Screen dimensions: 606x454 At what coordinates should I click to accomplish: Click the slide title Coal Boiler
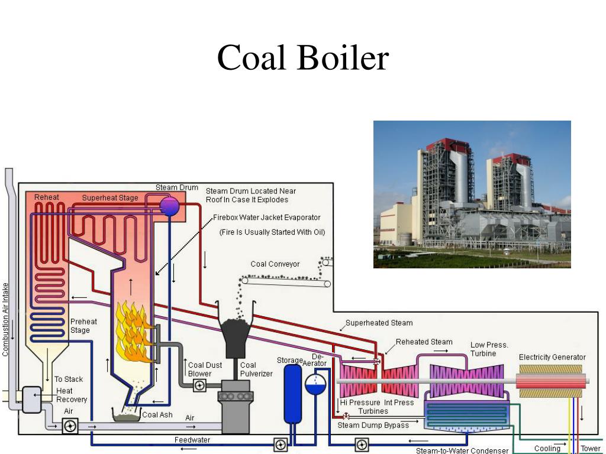tap(303, 57)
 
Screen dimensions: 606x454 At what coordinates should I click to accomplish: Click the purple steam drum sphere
tap(169, 206)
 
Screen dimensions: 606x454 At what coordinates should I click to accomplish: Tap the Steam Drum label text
tap(176, 187)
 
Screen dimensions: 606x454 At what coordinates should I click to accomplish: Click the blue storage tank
tap(292, 393)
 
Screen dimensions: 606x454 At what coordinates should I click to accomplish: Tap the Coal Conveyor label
tap(275, 264)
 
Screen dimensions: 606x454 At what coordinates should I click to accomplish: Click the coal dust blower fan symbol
tap(199, 385)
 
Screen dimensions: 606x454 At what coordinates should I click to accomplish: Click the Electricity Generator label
tap(552, 357)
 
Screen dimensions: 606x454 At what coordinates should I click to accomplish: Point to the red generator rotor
tap(550, 381)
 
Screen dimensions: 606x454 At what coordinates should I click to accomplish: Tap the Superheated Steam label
tap(379, 323)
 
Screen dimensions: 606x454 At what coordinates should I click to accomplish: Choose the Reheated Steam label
tap(424, 342)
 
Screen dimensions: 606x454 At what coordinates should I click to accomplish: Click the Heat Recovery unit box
tap(31, 400)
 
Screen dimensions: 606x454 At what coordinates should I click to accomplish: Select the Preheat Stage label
tap(83, 326)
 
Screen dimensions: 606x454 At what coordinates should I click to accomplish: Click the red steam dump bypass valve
tap(346, 417)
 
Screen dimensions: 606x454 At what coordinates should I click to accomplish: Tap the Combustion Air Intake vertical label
tap(5, 319)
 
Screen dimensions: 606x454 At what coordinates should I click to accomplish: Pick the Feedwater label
tap(192, 440)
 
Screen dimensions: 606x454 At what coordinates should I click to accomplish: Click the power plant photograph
tap(472, 194)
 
